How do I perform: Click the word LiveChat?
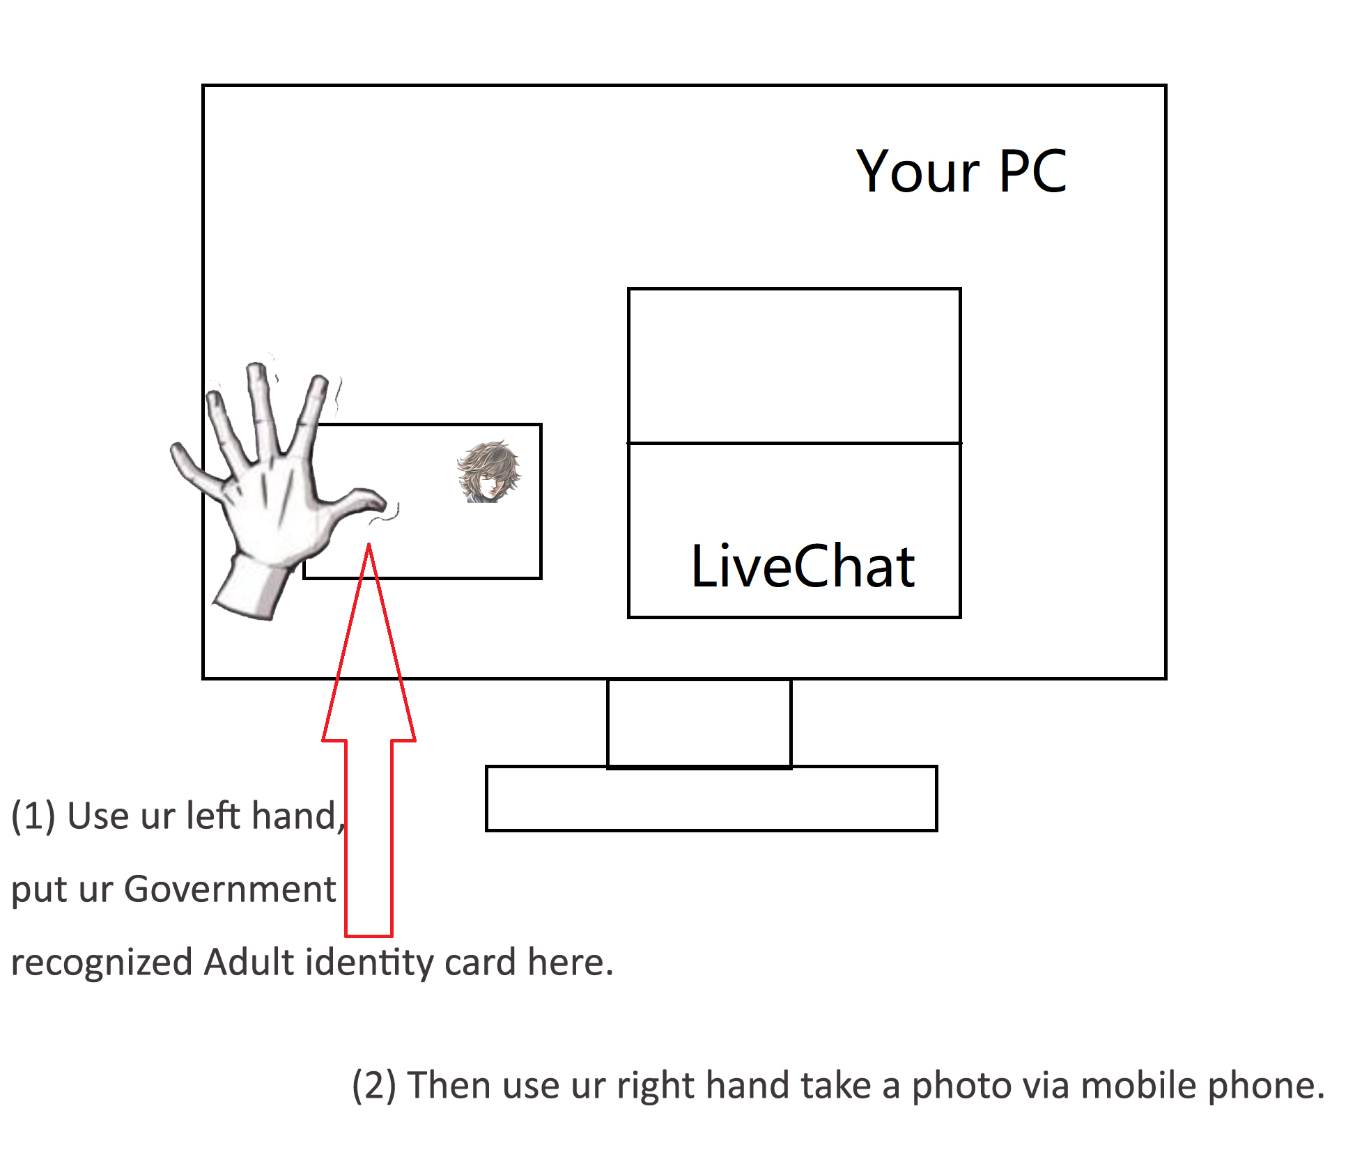pos(803,566)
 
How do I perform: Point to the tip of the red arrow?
pos(369,545)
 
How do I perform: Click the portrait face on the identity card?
pos(488,472)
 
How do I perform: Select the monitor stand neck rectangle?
pos(699,724)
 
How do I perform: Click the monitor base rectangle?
pos(711,798)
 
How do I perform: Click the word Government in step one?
pos(230,889)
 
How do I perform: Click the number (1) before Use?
pos(33,816)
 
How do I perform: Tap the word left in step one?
pos(211,816)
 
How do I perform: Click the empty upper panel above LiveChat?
pos(794,366)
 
